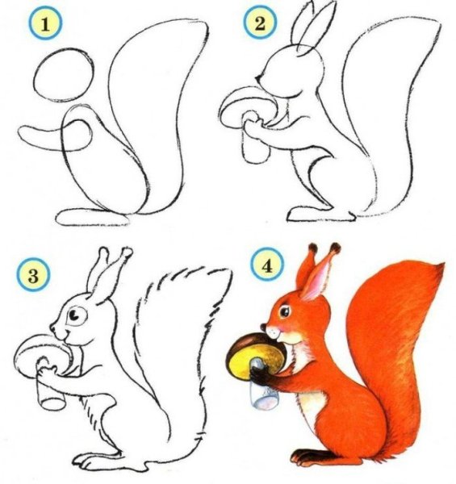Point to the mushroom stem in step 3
[x=50, y=390]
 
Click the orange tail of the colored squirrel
[x=404, y=339]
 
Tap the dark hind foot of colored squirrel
[x=311, y=458]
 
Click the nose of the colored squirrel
[x=266, y=328]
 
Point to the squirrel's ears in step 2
[x=311, y=28]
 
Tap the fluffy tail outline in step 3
[x=194, y=323]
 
